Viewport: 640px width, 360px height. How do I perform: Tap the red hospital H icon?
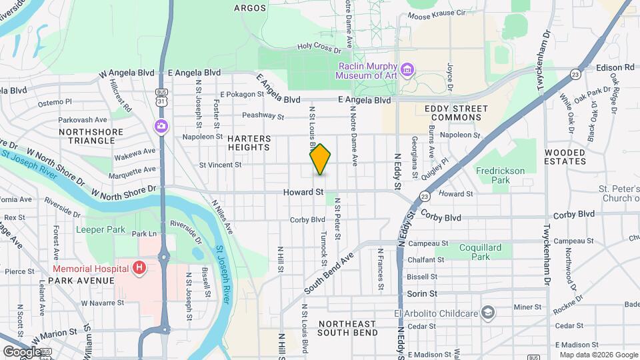coord(139,268)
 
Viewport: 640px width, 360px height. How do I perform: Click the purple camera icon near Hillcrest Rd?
coord(161,125)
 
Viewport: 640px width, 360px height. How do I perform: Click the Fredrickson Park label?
coord(501,175)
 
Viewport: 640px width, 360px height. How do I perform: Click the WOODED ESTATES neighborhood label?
coord(565,157)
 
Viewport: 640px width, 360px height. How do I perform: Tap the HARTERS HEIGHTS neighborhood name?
coord(249,143)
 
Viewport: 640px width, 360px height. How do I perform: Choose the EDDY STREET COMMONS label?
coord(452,113)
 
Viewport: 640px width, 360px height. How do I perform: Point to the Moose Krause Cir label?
coord(436,14)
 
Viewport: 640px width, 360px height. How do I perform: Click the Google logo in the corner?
coord(22,351)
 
